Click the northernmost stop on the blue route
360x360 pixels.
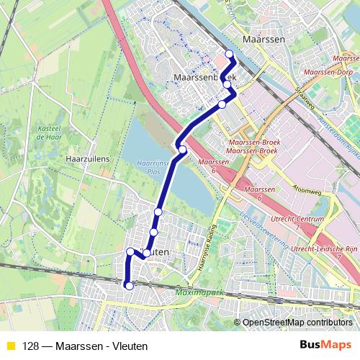point(230,54)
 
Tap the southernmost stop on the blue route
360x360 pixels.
point(130,286)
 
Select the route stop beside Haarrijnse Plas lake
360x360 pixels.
point(183,150)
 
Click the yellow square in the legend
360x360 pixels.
point(10,346)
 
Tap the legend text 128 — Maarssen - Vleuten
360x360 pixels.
point(85,346)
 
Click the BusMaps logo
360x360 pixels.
point(325,346)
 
